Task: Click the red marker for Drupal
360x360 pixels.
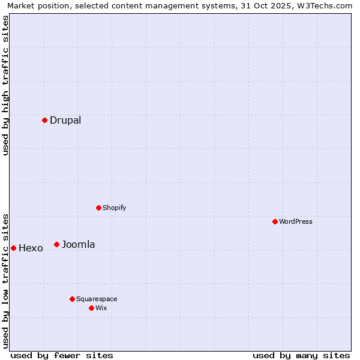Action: tap(44, 120)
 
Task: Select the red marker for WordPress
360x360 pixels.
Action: tap(275, 221)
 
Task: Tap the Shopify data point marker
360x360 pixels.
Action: tap(98, 208)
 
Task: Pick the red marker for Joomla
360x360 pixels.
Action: tap(56, 244)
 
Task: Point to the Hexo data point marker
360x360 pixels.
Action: tap(13, 248)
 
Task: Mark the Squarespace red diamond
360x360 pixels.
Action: tap(72, 299)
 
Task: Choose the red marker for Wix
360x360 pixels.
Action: tap(91, 308)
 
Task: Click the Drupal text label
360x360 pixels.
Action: tap(65, 120)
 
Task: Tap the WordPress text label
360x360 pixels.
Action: tap(296, 221)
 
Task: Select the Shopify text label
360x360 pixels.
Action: tap(114, 208)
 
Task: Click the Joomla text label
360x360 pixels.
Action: tap(78, 244)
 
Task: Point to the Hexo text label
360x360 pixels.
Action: tap(31, 248)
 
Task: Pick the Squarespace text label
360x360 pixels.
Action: tap(97, 299)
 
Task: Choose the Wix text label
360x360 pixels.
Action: tap(101, 308)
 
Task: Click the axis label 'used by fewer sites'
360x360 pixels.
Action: tap(62, 355)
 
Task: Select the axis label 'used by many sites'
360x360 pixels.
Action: tap(301, 355)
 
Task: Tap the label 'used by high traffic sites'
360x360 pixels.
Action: tap(5, 85)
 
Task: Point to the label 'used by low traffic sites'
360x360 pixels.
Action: tap(5, 280)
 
